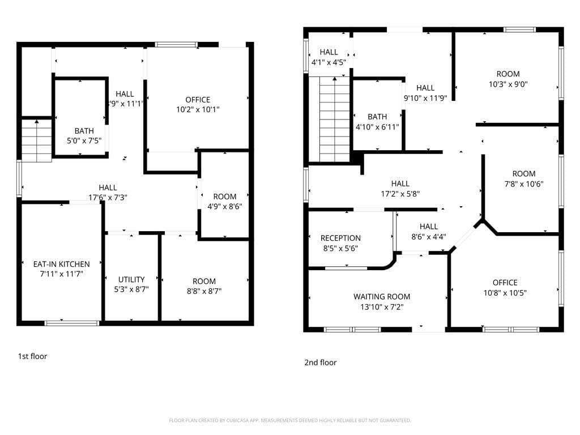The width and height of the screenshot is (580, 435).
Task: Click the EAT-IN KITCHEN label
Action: pyautogui.click(x=61, y=264)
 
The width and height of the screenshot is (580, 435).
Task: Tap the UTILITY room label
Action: pyautogui.click(x=131, y=279)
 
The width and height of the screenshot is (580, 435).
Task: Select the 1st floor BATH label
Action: pyautogui.click(x=84, y=131)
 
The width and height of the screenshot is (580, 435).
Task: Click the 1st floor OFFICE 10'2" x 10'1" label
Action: pyautogui.click(x=198, y=100)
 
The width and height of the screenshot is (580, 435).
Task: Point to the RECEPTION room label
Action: pyautogui.click(x=340, y=238)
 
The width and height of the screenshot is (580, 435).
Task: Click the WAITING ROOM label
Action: pyautogui.click(x=382, y=296)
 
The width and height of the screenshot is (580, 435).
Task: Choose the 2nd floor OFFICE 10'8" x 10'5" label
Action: pyautogui.click(x=505, y=283)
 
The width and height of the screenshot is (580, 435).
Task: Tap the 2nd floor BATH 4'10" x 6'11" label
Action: pyautogui.click(x=377, y=117)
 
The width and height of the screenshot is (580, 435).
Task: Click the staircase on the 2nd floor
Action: pyautogui.click(x=335, y=120)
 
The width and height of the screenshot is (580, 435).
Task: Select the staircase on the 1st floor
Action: pyautogui.click(x=37, y=141)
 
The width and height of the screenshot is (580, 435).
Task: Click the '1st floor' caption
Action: pyautogui.click(x=33, y=356)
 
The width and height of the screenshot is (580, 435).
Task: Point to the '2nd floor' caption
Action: pyautogui.click(x=321, y=362)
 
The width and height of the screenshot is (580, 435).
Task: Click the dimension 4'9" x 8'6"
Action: pyautogui.click(x=225, y=207)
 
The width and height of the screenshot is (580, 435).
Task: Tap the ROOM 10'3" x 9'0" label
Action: pyautogui.click(x=508, y=74)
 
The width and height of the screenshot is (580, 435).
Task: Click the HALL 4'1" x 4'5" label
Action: pyautogui.click(x=329, y=53)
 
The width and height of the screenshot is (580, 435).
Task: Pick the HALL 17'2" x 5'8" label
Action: pyautogui.click(x=400, y=184)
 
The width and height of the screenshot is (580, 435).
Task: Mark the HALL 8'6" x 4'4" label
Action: pyautogui.click(x=429, y=227)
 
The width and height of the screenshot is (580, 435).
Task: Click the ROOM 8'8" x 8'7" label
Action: pyautogui.click(x=204, y=281)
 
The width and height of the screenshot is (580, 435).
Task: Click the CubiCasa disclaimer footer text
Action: pyautogui.click(x=290, y=420)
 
